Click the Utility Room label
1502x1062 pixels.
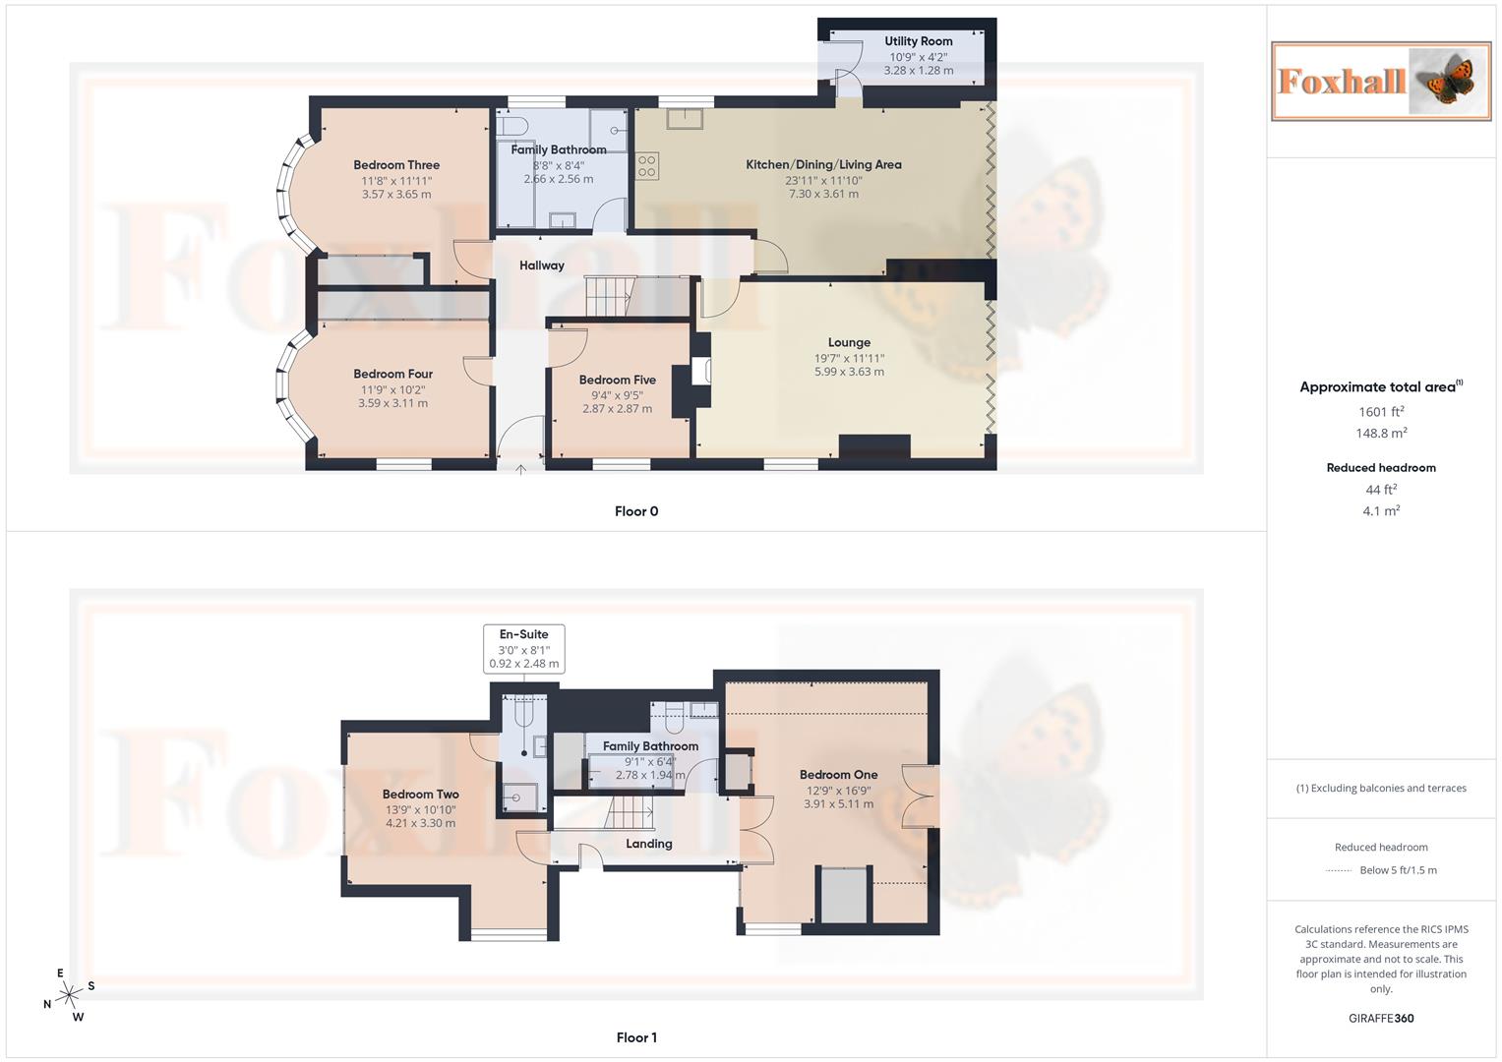click(x=918, y=41)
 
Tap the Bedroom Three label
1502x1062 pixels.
click(x=396, y=165)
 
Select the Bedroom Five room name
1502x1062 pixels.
click(x=617, y=380)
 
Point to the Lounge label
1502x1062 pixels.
click(x=849, y=342)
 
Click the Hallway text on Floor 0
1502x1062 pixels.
click(x=542, y=265)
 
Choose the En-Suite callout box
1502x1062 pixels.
click(x=523, y=649)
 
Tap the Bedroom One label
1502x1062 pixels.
click(x=838, y=775)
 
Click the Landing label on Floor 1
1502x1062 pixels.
click(x=649, y=844)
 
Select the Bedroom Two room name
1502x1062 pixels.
click(x=420, y=795)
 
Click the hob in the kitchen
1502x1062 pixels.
click(x=647, y=165)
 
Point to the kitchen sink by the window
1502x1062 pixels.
click(x=685, y=119)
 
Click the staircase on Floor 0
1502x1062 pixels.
click(x=610, y=295)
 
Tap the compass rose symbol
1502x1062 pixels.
click(x=69, y=995)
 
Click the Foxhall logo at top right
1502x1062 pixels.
click(x=1381, y=81)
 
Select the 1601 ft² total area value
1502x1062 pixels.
click(x=1381, y=412)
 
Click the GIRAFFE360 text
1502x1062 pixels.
click(x=1381, y=1019)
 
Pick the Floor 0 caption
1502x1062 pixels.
click(x=636, y=511)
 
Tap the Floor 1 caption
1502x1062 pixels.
click(x=636, y=1037)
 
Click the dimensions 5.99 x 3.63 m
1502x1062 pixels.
click(x=849, y=372)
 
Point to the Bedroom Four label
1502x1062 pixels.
click(x=392, y=374)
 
